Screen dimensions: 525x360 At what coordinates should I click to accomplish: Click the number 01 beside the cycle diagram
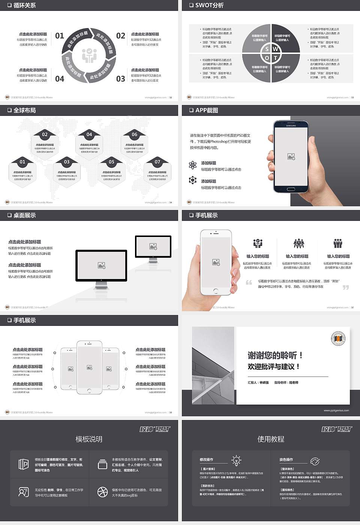pyautogui.click(x=60, y=36)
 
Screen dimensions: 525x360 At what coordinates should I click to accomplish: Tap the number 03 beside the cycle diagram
pyautogui.click(x=120, y=79)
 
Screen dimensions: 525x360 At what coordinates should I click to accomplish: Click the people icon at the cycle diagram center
pyautogui.click(x=89, y=55)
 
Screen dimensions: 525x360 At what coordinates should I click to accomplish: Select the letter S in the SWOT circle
pyautogui.click(x=267, y=49)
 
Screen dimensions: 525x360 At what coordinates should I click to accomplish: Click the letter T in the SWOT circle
pyautogui.click(x=276, y=58)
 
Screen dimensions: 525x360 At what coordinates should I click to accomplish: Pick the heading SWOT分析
pyautogui.click(x=209, y=5)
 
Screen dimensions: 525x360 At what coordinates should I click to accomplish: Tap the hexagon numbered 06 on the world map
pyautogui.click(x=134, y=144)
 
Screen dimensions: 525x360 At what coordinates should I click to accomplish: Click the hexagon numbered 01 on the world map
pyautogui.click(x=22, y=171)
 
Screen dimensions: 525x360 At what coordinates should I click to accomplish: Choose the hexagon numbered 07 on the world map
pyautogui.click(x=157, y=171)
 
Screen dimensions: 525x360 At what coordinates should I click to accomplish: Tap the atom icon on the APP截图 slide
pyautogui.click(x=193, y=165)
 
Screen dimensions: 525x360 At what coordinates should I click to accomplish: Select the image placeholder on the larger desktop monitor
pyautogui.click(x=101, y=265)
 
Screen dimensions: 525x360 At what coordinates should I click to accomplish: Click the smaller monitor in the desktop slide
pyautogui.click(x=153, y=247)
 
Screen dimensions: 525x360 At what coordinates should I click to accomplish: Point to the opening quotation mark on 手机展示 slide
pyautogui.click(x=249, y=282)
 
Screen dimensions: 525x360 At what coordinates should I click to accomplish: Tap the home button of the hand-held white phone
pyautogui.click(x=216, y=291)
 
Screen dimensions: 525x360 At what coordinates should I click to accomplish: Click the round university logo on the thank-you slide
pyautogui.click(x=338, y=339)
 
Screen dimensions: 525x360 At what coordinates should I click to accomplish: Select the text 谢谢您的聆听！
pyautogui.click(x=275, y=355)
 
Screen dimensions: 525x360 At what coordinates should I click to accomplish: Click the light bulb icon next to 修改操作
pyautogui.click(x=236, y=460)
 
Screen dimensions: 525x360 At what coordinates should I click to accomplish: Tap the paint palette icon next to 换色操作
pyautogui.click(x=315, y=461)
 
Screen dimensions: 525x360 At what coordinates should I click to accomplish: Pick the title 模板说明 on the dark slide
pyautogui.click(x=89, y=439)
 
